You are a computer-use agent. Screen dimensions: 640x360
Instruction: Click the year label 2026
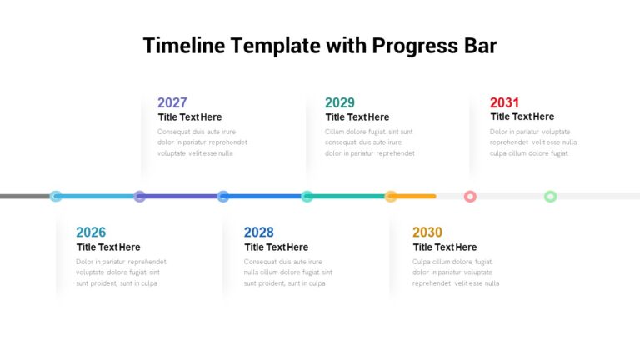(91, 232)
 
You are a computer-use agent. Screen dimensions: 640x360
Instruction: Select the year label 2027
(172, 102)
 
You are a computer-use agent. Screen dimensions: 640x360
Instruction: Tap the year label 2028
(259, 232)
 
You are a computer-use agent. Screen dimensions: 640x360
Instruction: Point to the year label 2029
(340, 102)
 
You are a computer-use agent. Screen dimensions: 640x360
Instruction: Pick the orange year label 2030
(427, 232)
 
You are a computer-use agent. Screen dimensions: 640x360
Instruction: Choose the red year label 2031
(504, 102)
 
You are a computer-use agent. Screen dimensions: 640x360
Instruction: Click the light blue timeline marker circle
(56, 197)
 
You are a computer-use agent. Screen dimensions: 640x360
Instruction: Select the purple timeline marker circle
(140, 197)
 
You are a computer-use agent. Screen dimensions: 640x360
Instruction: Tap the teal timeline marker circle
(307, 197)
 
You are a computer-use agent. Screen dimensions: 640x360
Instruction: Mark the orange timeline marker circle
(391, 197)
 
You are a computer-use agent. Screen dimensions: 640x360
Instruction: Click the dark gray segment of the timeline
(25, 197)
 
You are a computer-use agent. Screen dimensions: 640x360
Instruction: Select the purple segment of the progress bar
(181, 197)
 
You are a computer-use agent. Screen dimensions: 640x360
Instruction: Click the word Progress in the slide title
(415, 46)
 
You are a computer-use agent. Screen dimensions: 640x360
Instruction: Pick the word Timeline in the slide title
(184, 45)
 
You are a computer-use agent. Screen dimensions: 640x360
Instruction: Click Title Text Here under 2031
(522, 117)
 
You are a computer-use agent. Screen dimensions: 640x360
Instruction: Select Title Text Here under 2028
(277, 247)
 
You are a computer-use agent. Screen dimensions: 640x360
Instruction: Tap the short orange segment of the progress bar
(417, 197)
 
